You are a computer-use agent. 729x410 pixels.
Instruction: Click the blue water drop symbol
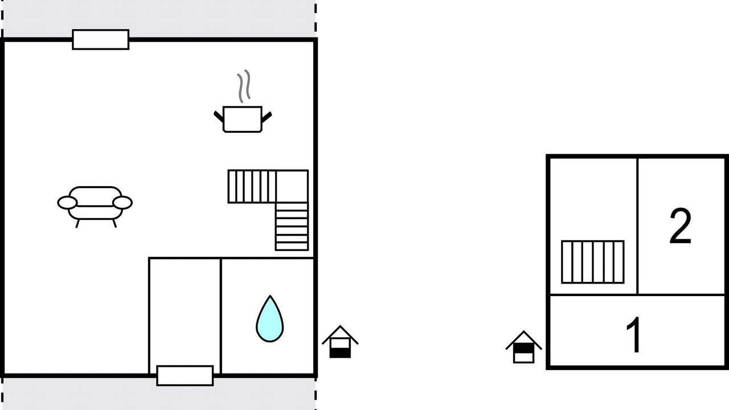click(x=269, y=321)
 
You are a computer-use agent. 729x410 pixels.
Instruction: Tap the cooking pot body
click(x=243, y=119)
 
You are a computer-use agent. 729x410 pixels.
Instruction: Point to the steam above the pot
click(x=244, y=86)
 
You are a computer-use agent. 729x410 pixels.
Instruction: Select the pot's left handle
click(x=219, y=117)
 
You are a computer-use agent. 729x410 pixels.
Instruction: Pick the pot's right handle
click(x=267, y=117)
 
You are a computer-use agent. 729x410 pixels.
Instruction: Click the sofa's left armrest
click(x=67, y=203)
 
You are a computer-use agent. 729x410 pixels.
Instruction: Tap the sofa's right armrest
click(x=122, y=203)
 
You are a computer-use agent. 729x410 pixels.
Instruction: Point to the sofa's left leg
click(x=77, y=224)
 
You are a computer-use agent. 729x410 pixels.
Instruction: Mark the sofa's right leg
click(x=114, y=224)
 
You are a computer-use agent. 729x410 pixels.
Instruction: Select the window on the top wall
click(x=101, y=40)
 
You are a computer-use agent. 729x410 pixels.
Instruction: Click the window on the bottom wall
click(x=185, y=376)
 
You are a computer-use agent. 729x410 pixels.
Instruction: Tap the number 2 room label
click(x=680, y=226)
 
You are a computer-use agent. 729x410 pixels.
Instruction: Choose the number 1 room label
click(x=633, y=334)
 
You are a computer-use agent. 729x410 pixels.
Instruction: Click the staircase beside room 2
click(x=593, y=262)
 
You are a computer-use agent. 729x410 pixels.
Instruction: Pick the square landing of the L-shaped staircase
click(x=292, y=186)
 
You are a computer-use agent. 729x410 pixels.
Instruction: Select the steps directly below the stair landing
click(x=292, y=227)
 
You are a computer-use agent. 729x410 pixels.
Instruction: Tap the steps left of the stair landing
click(x=252, y=186)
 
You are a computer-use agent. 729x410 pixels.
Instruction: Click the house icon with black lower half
click(x=340, y=342)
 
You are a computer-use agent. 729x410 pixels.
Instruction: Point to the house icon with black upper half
click(x=523, y=347)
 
